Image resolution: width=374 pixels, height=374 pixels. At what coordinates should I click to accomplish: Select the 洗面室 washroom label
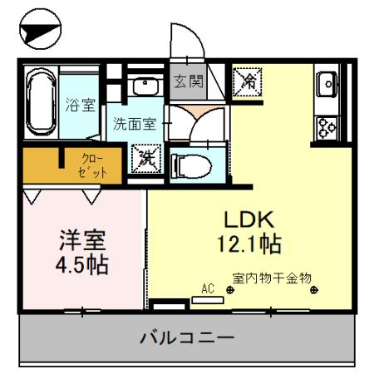(x=134, y=125)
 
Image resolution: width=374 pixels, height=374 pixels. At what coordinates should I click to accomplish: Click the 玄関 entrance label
(x=188, y=81)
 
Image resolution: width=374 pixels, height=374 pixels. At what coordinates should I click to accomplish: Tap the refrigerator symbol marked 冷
(x=248, y=81)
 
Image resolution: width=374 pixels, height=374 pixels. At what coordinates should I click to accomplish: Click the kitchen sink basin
(x=325, y=84)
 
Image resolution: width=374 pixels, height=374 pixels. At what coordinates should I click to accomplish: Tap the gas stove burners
(x=324, y=127)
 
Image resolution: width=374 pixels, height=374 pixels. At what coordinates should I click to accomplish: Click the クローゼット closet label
(x=95, y=165)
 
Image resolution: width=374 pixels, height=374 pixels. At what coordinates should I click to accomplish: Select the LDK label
(x=247, y=219)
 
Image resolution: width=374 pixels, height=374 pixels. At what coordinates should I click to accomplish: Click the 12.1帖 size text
(x=249, y=245)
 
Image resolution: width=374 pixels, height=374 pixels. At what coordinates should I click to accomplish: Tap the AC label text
(x=208, y=288)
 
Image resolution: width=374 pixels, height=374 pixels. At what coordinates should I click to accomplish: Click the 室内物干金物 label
(x=272, y=278)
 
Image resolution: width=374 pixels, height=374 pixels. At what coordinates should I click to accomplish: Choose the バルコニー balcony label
(x=187, y=338)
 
